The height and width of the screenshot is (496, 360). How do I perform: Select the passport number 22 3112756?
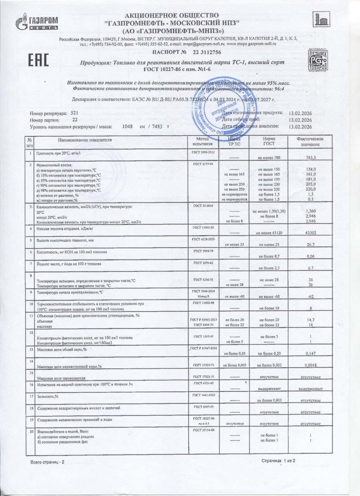pos(207,52)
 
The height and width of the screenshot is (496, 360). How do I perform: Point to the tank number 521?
pos(75,113)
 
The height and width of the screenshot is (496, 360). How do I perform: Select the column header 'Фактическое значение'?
pos(310,141)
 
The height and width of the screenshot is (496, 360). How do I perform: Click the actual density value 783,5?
pos(311,157)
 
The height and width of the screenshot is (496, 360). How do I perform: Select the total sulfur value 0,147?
pos(311,354)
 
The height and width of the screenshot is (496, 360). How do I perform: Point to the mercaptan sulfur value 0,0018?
pos(311,365)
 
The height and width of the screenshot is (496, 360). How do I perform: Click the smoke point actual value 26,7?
pos(311,245)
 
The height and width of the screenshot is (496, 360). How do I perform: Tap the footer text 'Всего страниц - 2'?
pos(48,463)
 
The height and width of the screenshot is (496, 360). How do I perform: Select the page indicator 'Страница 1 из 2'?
pos(278,461)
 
